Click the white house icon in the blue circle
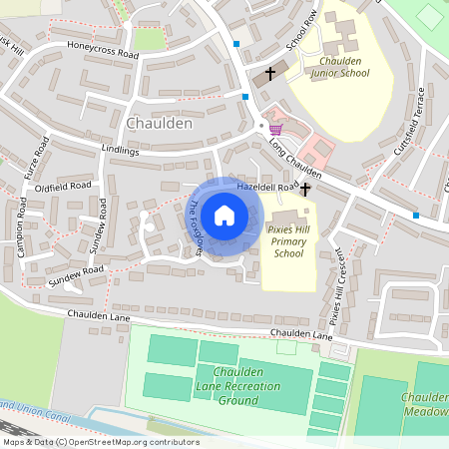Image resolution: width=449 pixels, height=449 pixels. pyautogui.click(x=224, y=215)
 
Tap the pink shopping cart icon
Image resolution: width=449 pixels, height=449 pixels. pyautogui.click(x=275, y=129)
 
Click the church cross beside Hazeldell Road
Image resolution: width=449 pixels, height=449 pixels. pyautogui.click(x=306, y=189)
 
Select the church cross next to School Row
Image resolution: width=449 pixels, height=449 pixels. pyautogui.click(x=269, y=74)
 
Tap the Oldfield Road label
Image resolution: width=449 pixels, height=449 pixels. pyautogui.click(x=62, y=186)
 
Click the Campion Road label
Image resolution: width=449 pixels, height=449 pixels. pyautogui.click(x=22, y=226)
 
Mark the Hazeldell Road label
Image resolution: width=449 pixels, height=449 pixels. pyautogui.click(x=266, y=187)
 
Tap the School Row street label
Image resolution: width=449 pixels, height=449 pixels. pyautogui.click(x=300, y=30)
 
